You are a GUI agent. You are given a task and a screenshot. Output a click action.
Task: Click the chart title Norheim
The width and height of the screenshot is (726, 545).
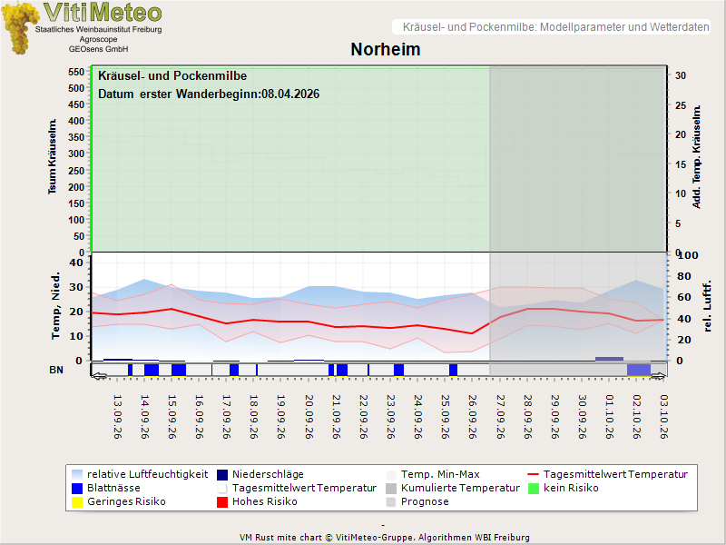(385, 49)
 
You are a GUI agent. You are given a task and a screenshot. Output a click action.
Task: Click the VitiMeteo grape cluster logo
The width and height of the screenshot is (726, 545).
(19, 28)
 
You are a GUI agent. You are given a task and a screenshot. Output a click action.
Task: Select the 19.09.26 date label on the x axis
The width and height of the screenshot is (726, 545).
(281, 417)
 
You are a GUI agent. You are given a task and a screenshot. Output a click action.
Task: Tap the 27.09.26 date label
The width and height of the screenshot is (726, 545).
(500, 417)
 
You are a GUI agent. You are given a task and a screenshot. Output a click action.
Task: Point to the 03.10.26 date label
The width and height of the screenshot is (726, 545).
(664, 417)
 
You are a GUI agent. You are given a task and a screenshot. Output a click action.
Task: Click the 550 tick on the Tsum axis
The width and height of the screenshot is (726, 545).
(76, 72)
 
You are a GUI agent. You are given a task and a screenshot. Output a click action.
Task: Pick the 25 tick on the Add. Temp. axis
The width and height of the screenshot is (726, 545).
(680, 105)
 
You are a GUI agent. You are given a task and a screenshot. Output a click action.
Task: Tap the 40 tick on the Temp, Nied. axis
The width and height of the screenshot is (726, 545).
(76, 263)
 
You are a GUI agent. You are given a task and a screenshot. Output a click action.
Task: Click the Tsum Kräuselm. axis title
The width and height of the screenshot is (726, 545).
(53, 156)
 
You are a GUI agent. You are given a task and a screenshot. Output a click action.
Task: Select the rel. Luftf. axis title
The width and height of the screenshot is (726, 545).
(707, 306)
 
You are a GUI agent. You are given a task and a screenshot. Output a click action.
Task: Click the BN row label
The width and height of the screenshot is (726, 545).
(56, 370)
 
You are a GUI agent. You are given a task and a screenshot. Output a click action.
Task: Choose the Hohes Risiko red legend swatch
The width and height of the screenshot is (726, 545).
(222, 502)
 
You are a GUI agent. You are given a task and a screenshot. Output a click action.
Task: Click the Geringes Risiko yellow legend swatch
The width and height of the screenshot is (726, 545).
(77, 502)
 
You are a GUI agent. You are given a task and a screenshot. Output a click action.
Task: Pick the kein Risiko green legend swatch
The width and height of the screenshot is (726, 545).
(534, 489)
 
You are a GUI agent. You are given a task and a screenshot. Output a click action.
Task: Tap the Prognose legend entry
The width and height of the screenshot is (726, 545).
(417, 502)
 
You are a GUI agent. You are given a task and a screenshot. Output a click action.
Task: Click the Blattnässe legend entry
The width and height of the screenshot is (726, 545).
(106, 489)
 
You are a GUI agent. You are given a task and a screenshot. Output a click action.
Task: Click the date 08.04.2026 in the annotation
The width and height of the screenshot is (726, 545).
(290, 94)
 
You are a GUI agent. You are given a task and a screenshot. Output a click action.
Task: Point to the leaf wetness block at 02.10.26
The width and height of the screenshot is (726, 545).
(639, 370)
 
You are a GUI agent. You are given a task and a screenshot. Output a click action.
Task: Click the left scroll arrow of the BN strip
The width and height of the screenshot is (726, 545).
(99, 376)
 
